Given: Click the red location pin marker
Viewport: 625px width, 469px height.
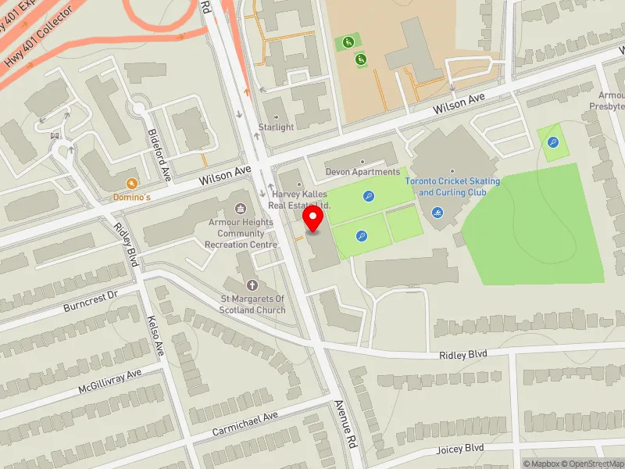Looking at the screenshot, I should click(x=313, y=219).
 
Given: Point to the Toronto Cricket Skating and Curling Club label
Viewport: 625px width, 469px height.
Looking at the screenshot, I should click(x=452, y=187).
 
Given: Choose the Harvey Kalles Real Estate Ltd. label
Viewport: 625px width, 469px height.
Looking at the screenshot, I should click(x=300, y=199).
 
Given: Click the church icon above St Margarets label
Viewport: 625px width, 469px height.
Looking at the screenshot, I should click(x=252, y=285).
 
